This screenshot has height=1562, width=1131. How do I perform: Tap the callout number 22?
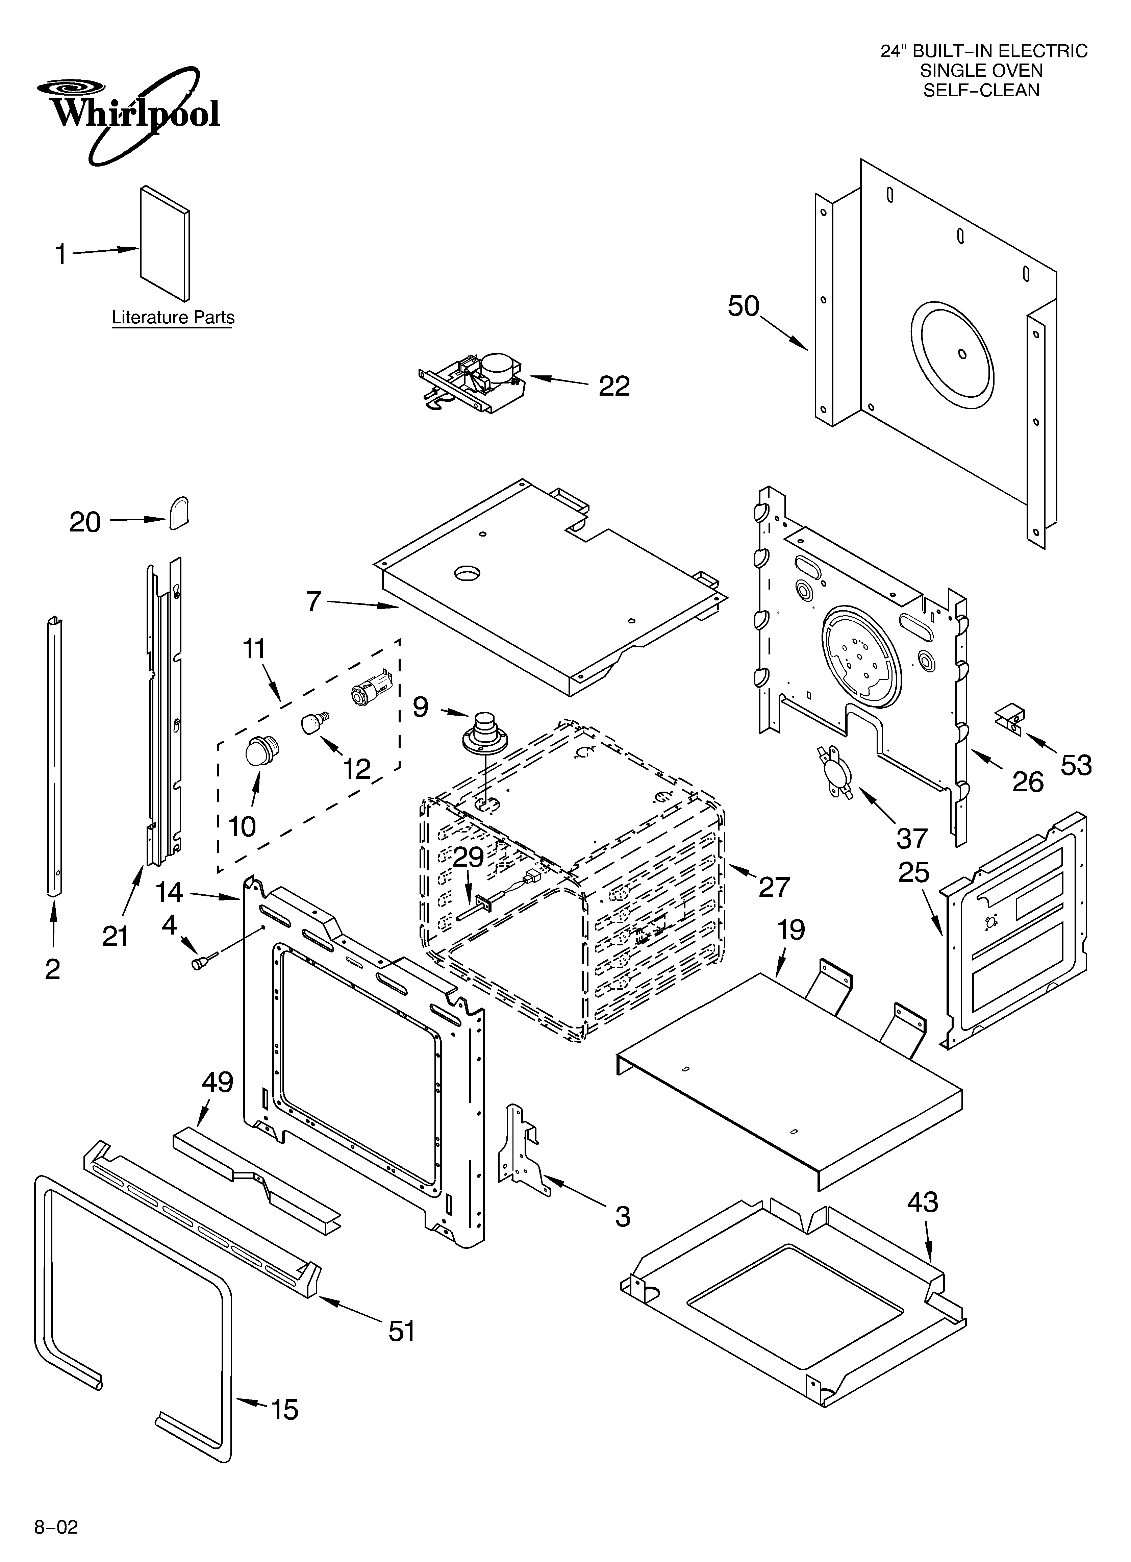pyautogui.click(x=614, y=387)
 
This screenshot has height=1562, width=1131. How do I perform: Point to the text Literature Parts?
pyautogui.click(x=173, y=318)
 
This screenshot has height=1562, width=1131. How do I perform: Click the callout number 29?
pyautogui.click(x=469, y=858)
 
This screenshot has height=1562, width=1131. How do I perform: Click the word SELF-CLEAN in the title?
pyautogui.click(x=982, y=90)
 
